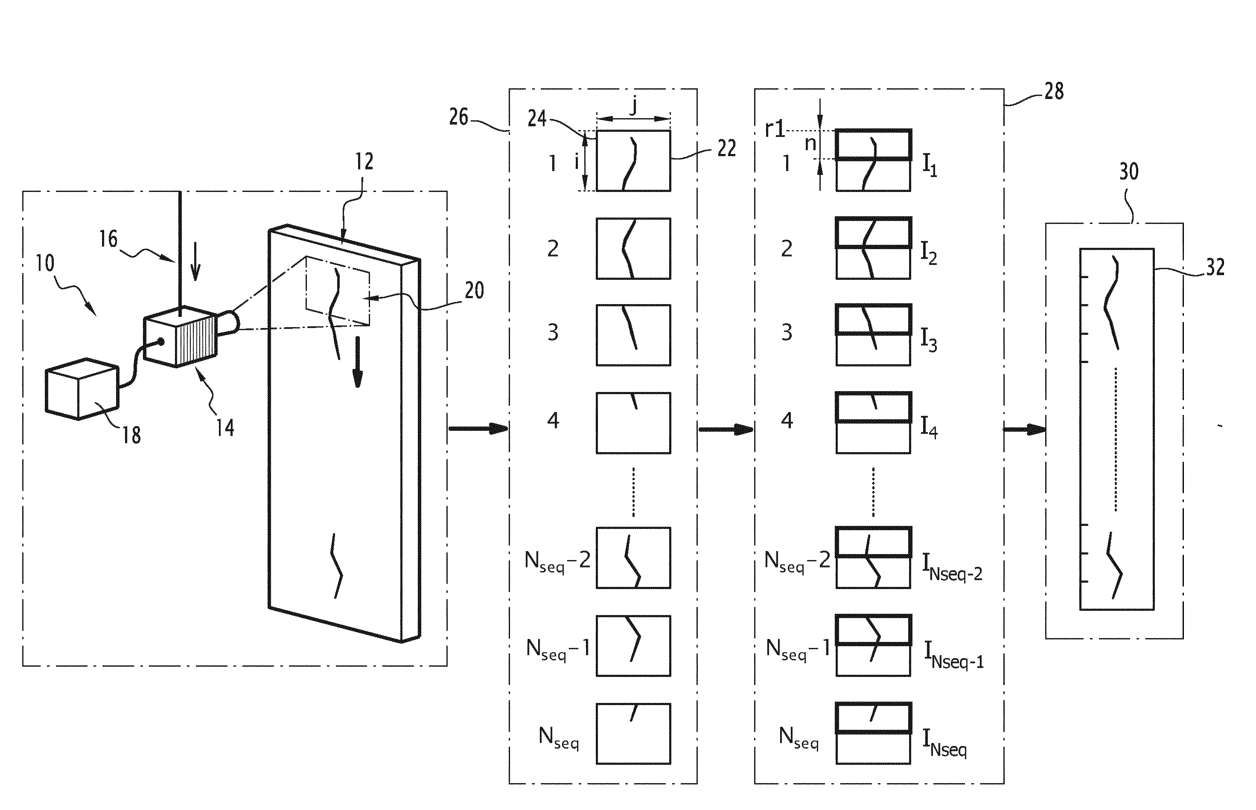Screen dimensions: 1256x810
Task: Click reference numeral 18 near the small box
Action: [x=131, y=435]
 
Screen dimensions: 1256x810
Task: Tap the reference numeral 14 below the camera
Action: [x=225, y=428]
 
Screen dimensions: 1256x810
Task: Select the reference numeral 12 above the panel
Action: [x=364, y=162]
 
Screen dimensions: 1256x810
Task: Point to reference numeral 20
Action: [x=474, y=290]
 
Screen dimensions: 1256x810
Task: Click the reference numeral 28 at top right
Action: [x=1054, y=91]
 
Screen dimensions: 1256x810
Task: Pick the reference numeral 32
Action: [x=1215, y=267]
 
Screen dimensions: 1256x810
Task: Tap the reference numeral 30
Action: [x=1129, y=171]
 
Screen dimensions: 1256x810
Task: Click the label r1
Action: [x=775, y=129]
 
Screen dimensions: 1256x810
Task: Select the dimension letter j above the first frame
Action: [x=634, y=106]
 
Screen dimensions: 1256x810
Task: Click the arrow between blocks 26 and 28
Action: [x=726, y=430]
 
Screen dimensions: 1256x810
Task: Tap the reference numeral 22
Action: [x=727, y=148]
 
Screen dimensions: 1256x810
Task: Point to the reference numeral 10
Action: [x=45, y=263]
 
